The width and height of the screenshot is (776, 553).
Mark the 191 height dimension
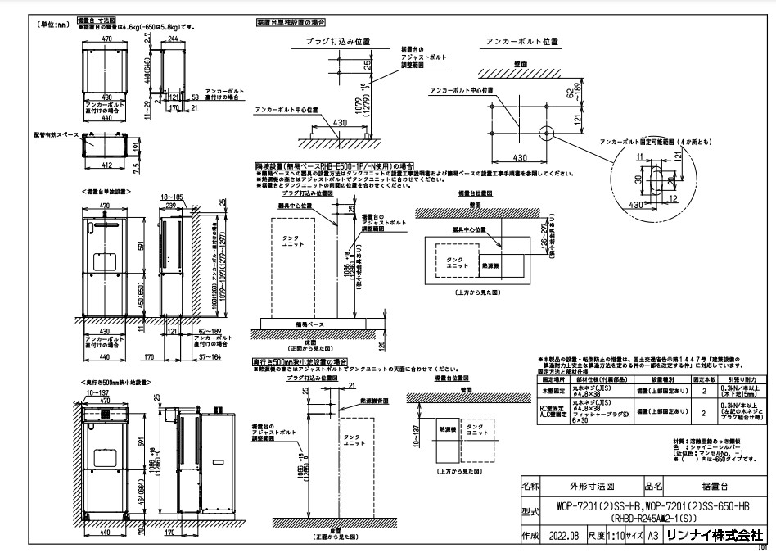135,146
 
